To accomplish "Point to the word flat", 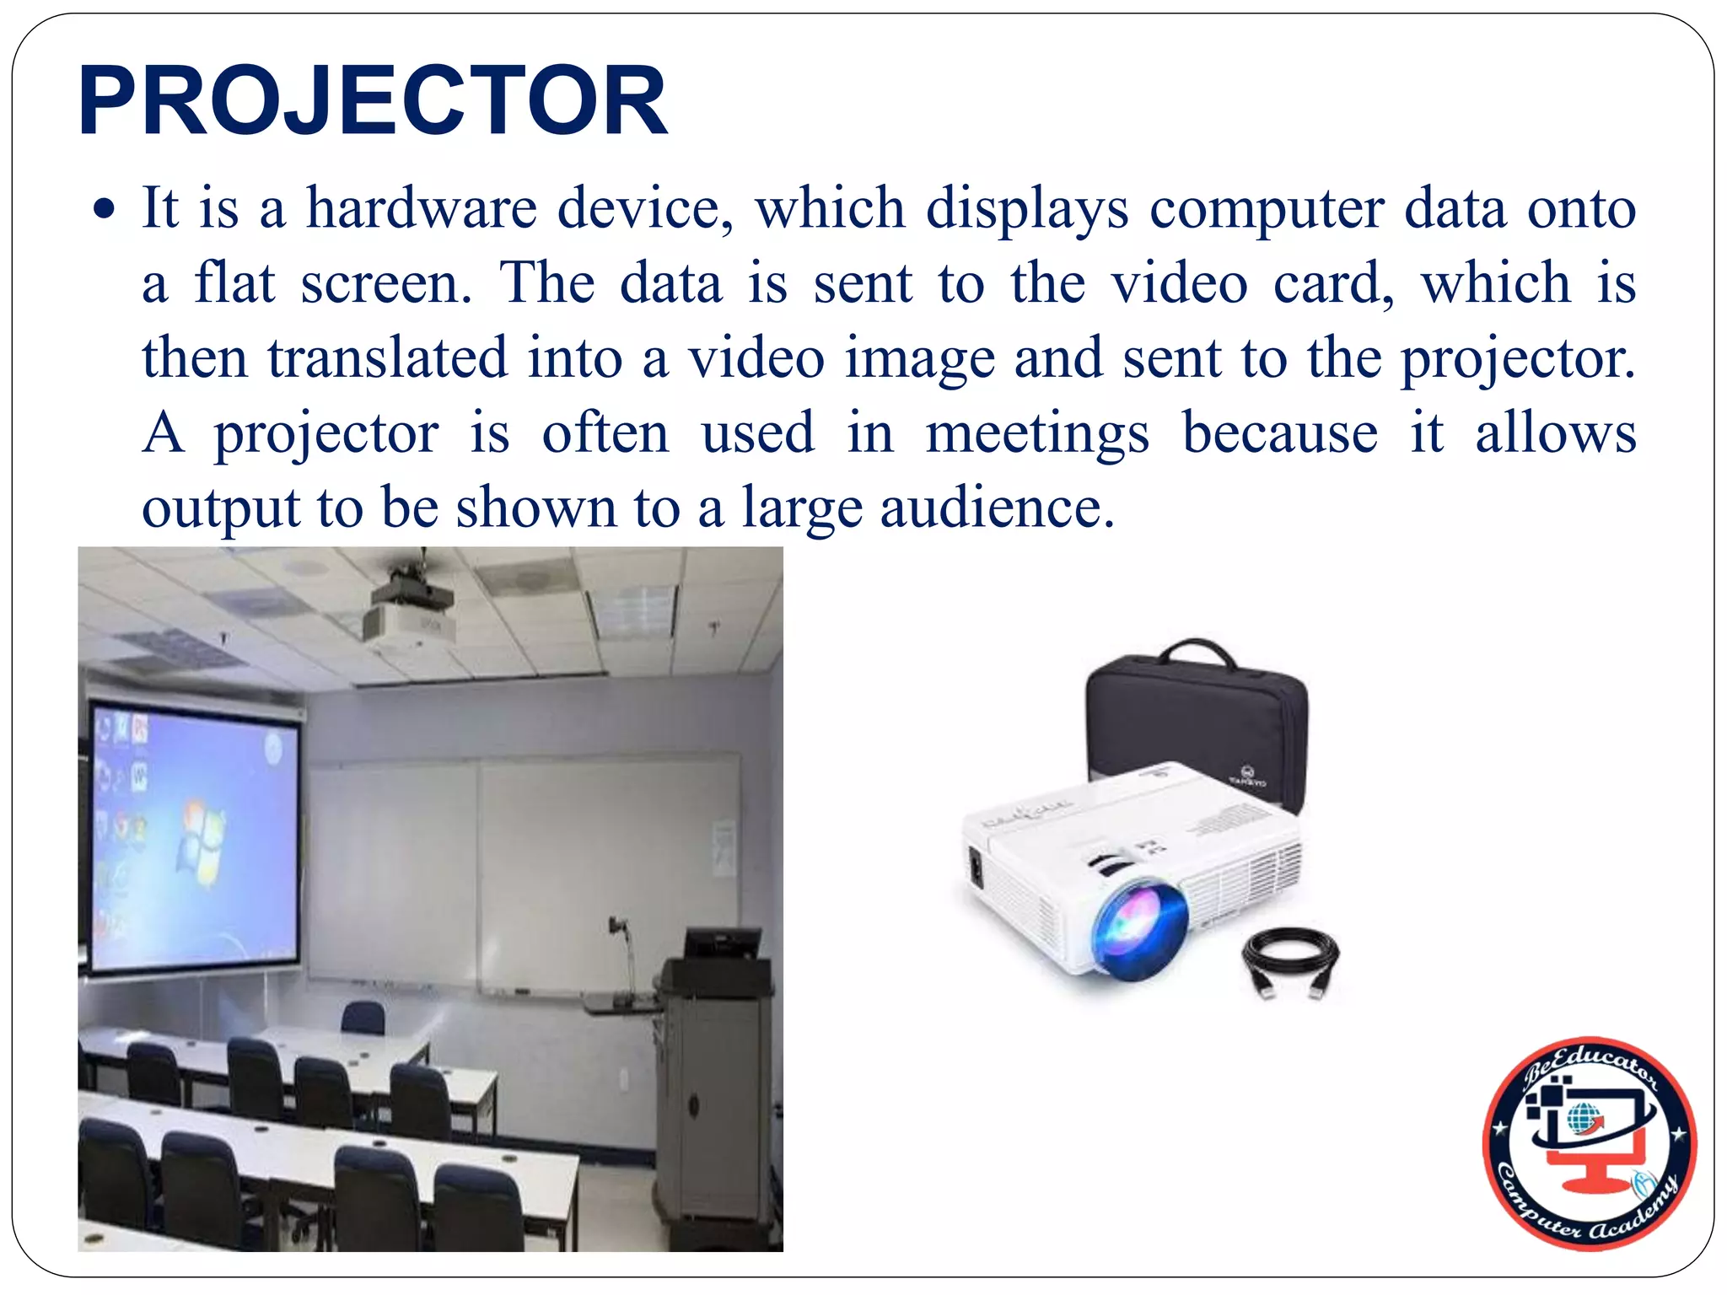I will click(234, 283).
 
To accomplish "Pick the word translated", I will click(388, 358).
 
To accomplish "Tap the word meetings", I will click(1037, 434).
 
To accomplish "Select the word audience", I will click(991, 508).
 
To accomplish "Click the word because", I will click(1279, 433).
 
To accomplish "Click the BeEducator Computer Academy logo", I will click(1589, 1143).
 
